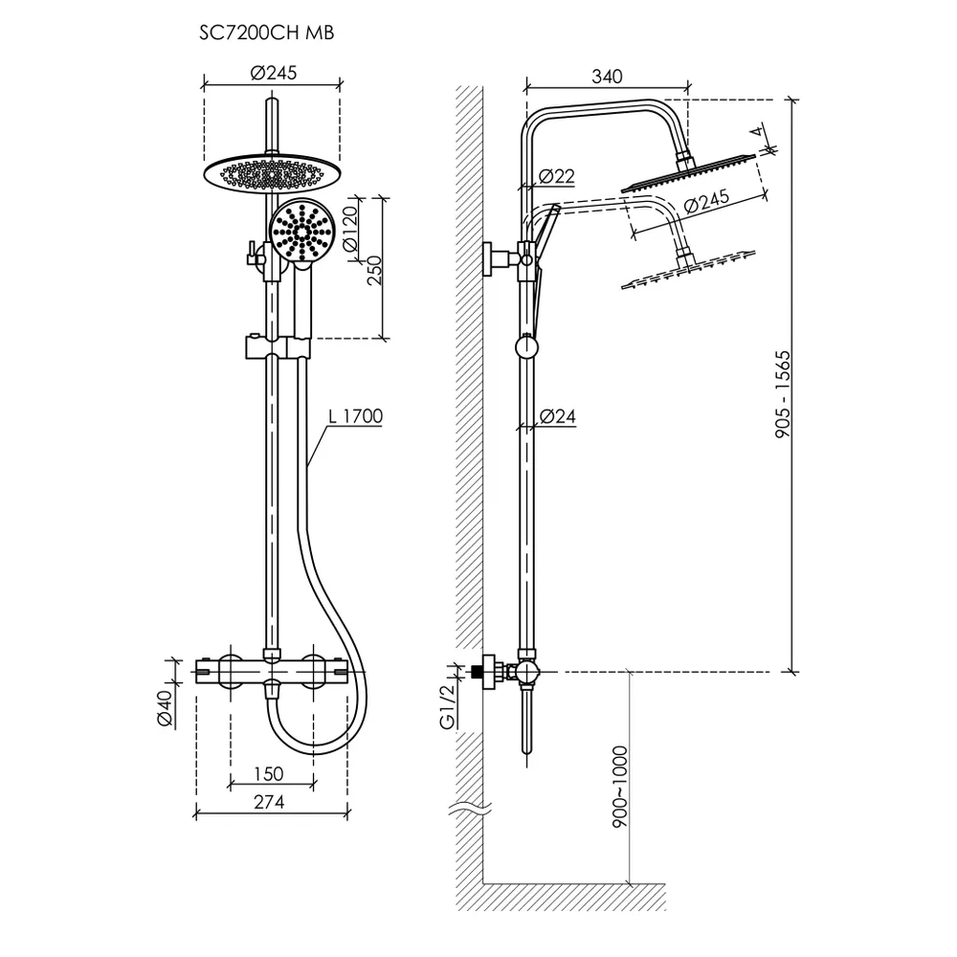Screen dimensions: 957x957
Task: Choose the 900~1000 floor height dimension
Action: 619,785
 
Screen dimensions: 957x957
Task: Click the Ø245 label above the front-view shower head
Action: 273,73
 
